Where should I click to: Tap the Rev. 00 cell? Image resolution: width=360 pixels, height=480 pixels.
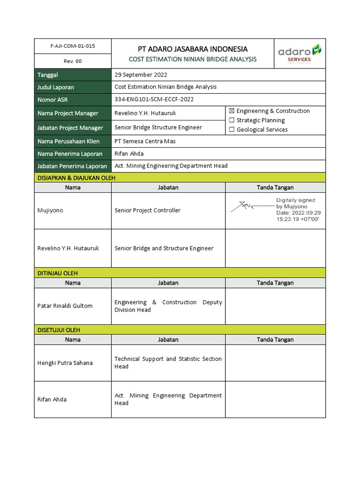click(x=72, y=61)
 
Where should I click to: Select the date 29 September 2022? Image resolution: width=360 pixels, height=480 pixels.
click(x=141, y=75)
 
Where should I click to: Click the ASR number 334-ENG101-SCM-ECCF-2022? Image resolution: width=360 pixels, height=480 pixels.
click(x=154, y=99)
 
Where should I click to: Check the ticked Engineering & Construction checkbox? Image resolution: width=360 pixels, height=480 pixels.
click(x=231, y=111)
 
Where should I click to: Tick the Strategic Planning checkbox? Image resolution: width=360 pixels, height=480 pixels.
click(x=231, y=120)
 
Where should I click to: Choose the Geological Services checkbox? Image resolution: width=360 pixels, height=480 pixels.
click(x=231, y=130)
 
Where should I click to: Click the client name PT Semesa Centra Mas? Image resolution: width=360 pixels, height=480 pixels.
click(x=145, y=141)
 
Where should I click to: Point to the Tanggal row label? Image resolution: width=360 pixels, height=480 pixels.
click(x=48, y=75)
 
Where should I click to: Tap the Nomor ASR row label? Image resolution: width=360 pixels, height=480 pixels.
click(x=53, y=99)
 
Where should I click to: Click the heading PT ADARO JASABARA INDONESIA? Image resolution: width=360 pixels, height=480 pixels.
click(x=192, y=49)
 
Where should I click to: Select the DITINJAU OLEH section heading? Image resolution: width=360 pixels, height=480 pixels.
click(x=58, y=273)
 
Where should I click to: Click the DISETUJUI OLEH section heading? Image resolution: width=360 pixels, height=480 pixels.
click(x=59, y=330)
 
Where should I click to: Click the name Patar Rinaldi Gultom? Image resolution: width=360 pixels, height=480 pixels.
click(x=65, y=306)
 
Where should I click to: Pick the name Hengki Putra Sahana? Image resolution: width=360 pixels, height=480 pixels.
click(x=65, y=363)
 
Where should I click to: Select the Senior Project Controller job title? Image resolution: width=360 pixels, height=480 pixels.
click(x=147, y=210)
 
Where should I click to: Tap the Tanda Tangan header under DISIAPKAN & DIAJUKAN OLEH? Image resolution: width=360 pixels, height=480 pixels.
click(x=275, y=187)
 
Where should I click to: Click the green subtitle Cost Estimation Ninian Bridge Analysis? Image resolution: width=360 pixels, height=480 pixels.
click(x=192, y=59)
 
